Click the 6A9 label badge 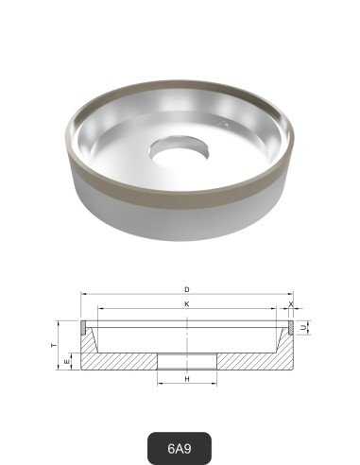pos(180,444)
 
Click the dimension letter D pos(187,288)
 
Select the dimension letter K pos(187,303)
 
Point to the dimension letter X pos(290,304)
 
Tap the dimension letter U pos(304,326)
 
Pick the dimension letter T pos(53,345)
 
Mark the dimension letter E pos(65,362)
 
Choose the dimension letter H pos(188,378)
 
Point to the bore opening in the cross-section pos(188,362)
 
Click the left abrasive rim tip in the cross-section pos(83,326)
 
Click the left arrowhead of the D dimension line pos(82,294)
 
